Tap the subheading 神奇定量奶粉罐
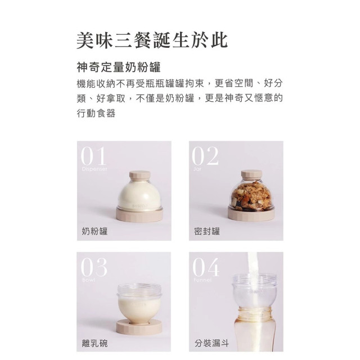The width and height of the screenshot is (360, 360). tap(118, 68)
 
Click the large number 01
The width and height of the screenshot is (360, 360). tap(93, 156)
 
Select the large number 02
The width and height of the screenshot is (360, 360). tap(205, 156)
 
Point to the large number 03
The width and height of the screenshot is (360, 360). tap(94, 267)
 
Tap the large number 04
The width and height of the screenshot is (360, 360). tap(206, 267)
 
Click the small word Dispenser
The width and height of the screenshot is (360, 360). tap(94, 168)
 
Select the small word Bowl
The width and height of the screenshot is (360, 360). tap(89, 279)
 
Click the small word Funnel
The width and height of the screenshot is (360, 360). tap(202, 279)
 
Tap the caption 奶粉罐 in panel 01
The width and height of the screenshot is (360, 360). tap(94, 231)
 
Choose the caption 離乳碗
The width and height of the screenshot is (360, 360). tap(94, 342)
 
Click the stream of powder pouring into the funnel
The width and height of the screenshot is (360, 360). tap(253, 264)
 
